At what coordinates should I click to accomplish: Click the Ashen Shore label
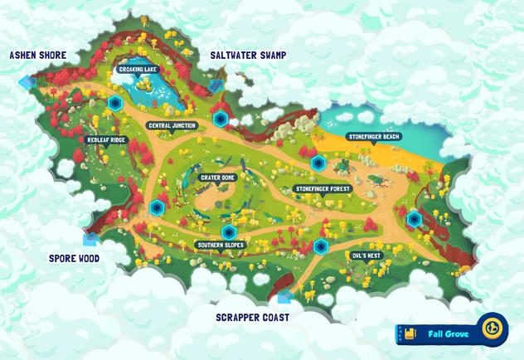37,55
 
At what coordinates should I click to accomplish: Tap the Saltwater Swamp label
248,55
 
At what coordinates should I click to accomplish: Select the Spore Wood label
73,258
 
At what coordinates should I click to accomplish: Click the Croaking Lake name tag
138,70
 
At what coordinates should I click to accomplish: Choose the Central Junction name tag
172,126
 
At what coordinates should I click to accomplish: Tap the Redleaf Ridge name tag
106,140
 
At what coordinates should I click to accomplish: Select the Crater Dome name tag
218,178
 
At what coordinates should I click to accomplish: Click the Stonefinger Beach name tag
374,136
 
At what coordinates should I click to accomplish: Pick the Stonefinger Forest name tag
323,189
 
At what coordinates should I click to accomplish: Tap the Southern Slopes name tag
220,245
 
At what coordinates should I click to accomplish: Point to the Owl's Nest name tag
366,255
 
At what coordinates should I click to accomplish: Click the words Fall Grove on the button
449,334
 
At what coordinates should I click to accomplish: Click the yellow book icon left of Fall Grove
410,334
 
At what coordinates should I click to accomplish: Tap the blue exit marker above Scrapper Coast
284,296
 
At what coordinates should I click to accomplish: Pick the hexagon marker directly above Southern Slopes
229,232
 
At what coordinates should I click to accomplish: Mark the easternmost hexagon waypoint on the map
414,219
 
